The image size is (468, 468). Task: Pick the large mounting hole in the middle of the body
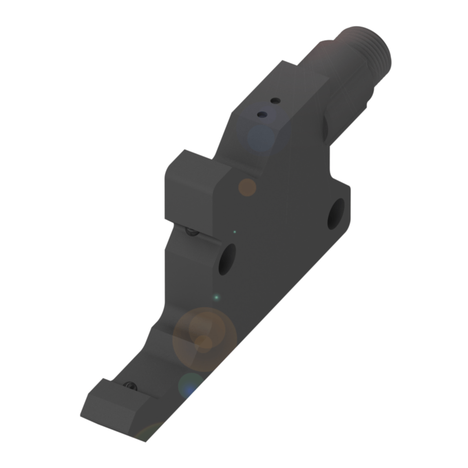coord(228,259)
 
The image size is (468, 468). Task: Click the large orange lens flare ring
coord(205,339)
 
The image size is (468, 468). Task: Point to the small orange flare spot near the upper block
coord(248,188)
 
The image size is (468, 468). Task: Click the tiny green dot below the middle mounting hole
coord(216,297)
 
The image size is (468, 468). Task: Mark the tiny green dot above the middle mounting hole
coord(235,231)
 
